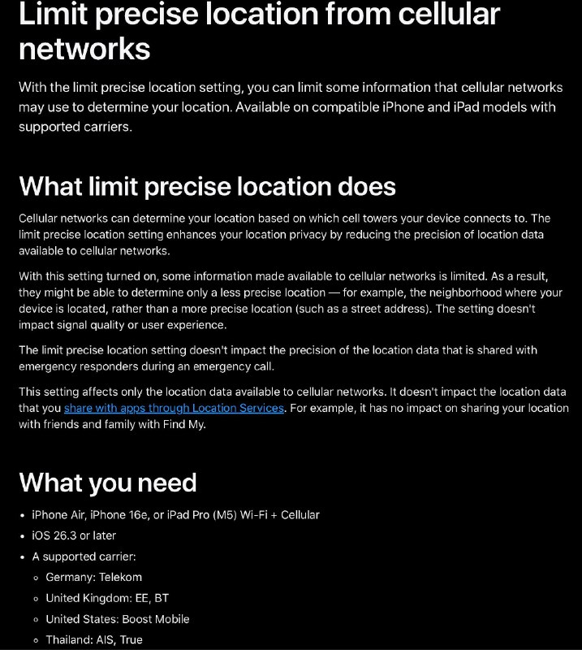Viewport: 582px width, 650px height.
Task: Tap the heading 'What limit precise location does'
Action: tap(207, 186)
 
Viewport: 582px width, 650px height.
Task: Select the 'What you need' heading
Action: tap(108, 482)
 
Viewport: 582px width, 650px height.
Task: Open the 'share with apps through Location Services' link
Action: tap(174, 408)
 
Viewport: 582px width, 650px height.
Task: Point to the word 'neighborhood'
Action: tap(475, 292)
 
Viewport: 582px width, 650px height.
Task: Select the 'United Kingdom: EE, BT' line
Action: tap(107, 598)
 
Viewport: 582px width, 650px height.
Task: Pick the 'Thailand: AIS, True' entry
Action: tap(94, 639)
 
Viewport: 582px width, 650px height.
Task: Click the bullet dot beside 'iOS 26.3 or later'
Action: tap(23, 536)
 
